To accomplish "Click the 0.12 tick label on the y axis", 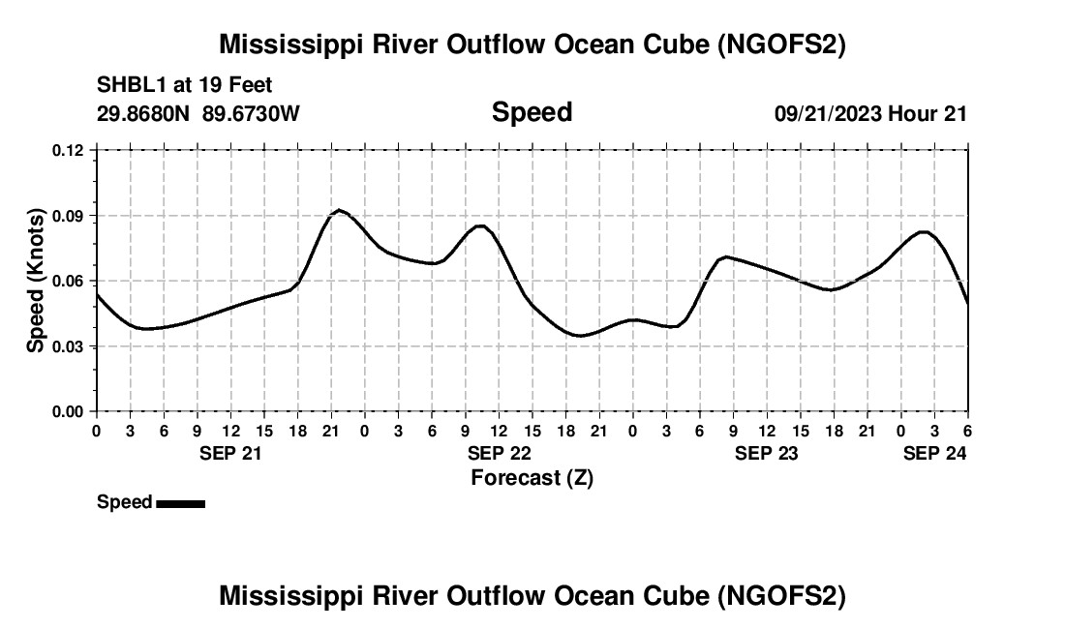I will (69, 150).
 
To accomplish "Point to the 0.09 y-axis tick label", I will (69, 216).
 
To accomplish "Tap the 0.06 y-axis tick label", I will (69, 281).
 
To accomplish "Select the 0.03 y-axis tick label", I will (69, 346).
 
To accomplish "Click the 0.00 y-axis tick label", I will (69, 411).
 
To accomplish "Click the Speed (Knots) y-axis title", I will (36, 281).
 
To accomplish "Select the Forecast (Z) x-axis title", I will (532, 477).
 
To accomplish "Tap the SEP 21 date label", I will (230, 453).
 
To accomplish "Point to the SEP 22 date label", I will (499, 453).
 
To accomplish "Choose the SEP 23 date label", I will (767, 453).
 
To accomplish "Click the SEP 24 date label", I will (934, 453).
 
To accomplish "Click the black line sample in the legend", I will (180, 503).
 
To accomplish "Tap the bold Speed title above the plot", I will (532, 112).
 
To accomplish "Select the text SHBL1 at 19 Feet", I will (171, 85).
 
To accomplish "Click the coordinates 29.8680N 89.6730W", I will (198, 113).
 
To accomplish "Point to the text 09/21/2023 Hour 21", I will (870, 113).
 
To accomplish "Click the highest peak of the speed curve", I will (340, 210).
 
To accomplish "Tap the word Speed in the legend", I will (124, 502).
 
